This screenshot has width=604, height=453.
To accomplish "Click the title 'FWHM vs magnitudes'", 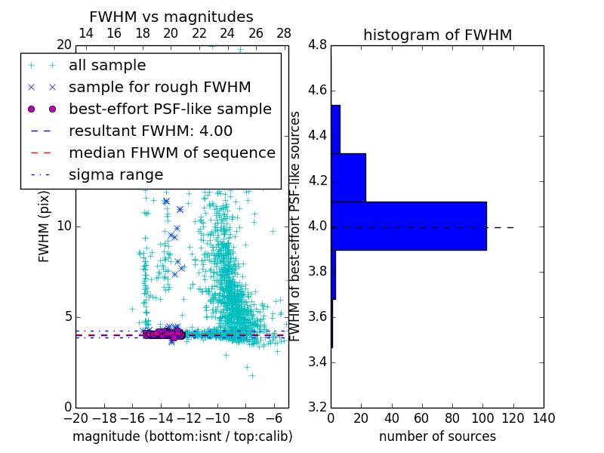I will (171, 17).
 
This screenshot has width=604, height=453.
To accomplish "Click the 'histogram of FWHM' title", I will (437, 35).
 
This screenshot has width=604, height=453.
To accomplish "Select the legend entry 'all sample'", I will (107, 66).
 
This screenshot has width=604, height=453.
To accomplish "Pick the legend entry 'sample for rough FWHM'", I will (159, 87).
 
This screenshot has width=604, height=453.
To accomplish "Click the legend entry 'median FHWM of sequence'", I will (171, 153).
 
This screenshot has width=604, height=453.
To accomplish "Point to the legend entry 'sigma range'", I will (116, 174).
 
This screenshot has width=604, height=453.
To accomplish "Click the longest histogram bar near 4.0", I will (408, 226).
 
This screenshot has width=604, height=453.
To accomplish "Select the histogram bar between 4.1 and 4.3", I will (348, 177).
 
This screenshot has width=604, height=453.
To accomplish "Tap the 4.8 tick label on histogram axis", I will (317, 45).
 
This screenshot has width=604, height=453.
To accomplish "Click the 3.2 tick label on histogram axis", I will (317, 407).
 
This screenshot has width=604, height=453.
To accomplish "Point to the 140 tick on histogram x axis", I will (544, 418).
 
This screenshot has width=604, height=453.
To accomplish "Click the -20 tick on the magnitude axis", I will (75, 418).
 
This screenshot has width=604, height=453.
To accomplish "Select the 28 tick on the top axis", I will (284, 33).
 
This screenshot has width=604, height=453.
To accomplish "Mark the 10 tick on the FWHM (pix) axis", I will (63, 226).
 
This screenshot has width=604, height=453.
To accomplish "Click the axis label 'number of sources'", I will (437, 436).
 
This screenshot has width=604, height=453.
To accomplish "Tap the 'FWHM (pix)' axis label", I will (45, 226).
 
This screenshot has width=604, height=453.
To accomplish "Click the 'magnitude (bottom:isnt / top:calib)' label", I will (182, 436).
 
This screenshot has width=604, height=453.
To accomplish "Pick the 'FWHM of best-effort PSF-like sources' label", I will (296, 226).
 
